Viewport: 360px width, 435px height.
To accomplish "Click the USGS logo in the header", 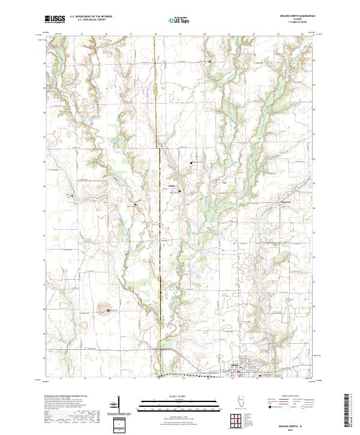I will point(55,19).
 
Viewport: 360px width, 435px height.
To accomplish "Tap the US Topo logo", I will point(180,19).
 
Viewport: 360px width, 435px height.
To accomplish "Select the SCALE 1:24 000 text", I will point(180,397).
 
